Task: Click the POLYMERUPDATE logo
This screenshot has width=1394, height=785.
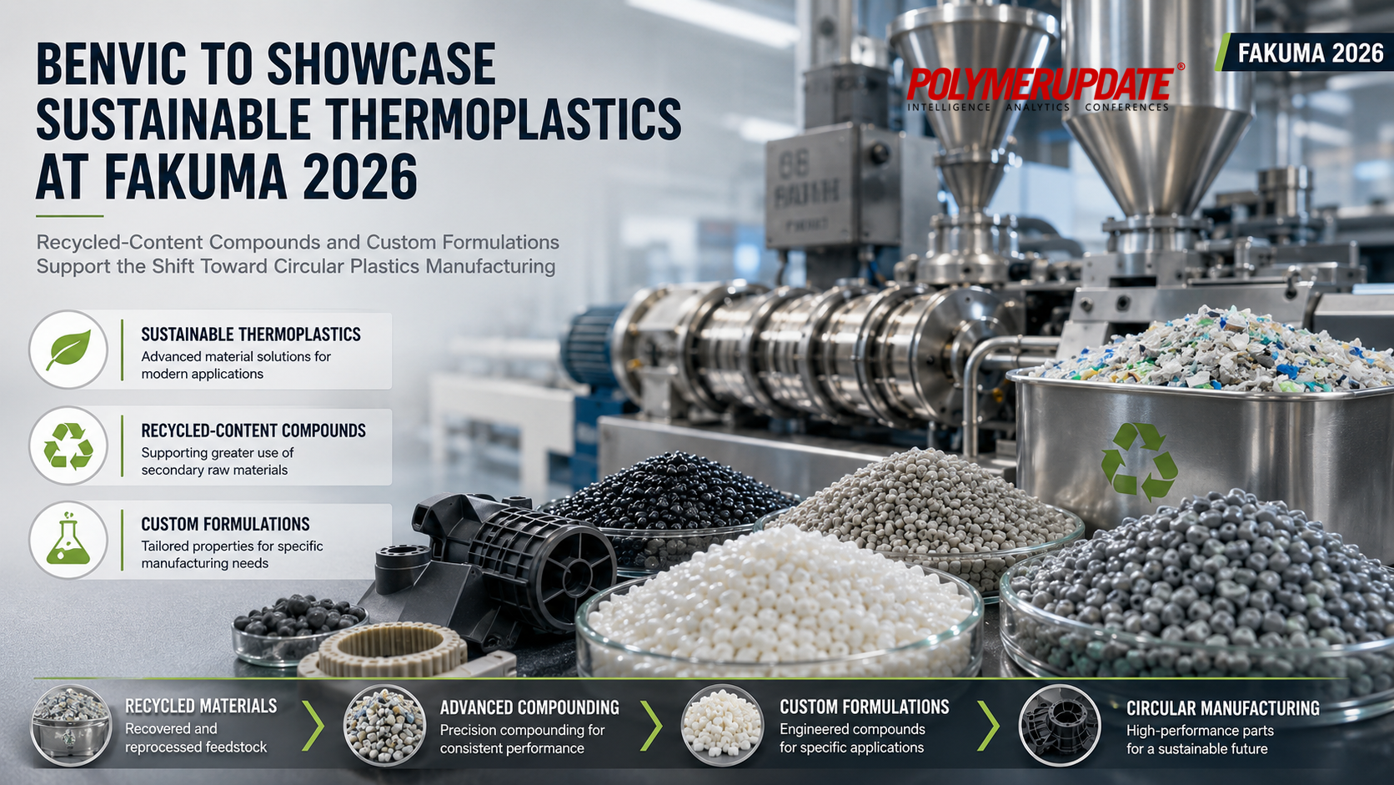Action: tap(1040, 88)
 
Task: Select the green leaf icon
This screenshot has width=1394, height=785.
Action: tap(68, 350)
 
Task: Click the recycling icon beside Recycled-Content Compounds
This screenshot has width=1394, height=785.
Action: tap(68, 445)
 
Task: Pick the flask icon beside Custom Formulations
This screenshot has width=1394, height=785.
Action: tap(68, 541)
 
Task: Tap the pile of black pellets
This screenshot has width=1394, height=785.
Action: tap(669, 492)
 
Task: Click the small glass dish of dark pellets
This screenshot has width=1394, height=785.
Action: tap(298, 629)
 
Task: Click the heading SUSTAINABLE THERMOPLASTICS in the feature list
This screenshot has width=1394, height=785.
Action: tap(251, 335)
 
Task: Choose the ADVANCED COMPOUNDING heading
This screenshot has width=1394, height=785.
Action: tap(529, 707)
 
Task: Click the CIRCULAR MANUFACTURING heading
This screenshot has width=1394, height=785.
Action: tap(1223, 707)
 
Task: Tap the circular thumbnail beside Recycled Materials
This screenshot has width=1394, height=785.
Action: tap(71, 725)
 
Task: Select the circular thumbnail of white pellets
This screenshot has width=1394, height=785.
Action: tap(722, 725)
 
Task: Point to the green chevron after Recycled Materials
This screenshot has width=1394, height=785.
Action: tap(313, 725)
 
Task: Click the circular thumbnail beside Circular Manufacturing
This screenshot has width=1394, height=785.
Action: tap(1060, 725)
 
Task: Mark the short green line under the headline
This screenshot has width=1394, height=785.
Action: tap(70, 216)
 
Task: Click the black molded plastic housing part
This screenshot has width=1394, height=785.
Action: tap(498, 561)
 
